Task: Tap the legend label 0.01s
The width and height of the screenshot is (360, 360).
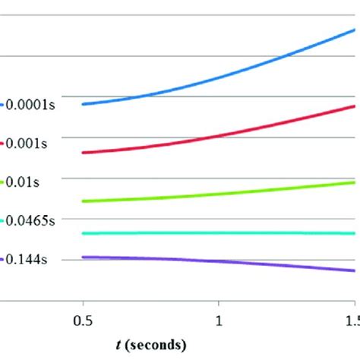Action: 24,182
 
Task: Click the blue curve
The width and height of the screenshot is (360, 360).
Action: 228,76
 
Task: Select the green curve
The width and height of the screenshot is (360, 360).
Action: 228,194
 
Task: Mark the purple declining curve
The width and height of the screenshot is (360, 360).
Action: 228,262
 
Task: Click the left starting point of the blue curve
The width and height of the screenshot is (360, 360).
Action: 83,104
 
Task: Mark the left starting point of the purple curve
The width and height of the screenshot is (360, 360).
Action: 83,257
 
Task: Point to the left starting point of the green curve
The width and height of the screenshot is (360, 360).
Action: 83,201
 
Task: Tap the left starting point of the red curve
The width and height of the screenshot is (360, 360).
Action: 83,153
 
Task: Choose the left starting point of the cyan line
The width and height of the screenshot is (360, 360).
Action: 83,233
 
